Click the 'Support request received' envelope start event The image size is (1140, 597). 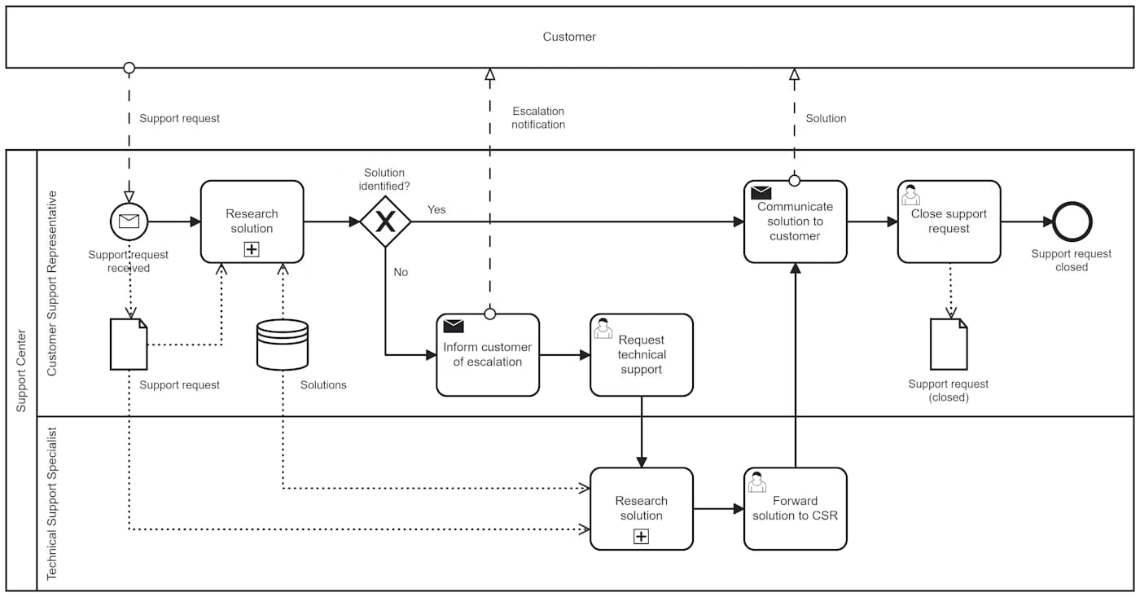129,222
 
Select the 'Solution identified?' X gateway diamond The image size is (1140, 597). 385,222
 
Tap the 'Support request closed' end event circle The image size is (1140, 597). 1072,222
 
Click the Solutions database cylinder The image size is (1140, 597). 283,345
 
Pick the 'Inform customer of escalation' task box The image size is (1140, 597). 488,355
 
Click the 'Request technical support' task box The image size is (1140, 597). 642,355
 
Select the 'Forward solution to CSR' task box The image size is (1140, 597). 795,508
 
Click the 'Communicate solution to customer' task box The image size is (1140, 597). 795,222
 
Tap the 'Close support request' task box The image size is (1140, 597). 949,222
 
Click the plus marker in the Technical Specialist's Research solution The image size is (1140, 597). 642,537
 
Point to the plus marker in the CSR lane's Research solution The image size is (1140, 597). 252,250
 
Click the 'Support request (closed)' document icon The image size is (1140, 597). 949,345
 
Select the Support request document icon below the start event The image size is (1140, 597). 129,345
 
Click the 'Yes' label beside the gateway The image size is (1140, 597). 436,209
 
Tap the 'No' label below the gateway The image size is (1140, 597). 401,272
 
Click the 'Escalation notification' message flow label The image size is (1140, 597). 538,118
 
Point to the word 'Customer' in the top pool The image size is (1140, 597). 569,37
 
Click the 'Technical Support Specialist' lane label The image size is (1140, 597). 52,503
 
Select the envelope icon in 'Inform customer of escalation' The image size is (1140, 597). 454,327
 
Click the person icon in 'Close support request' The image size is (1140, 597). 911,195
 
